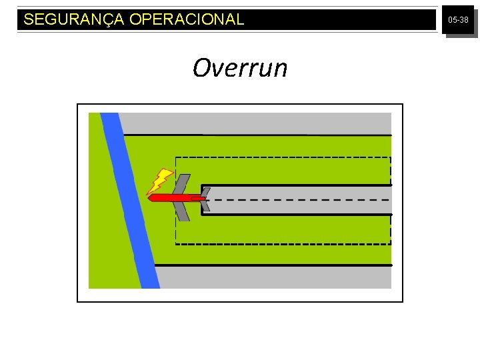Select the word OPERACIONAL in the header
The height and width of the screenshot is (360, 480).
187,20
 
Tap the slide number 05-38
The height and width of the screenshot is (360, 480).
458,21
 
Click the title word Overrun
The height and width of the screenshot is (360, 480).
240,68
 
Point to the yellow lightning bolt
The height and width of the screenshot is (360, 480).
160,181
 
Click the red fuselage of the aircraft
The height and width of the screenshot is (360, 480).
170,198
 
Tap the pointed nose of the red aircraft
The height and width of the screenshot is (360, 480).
149,198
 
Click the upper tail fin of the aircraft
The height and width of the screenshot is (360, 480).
206,192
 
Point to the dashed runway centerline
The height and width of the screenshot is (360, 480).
300,200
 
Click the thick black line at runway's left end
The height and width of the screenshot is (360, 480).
202,200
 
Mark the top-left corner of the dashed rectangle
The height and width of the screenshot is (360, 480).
176,157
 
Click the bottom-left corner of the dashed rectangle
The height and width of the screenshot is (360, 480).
176,244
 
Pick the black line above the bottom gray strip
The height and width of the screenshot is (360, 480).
273,265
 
